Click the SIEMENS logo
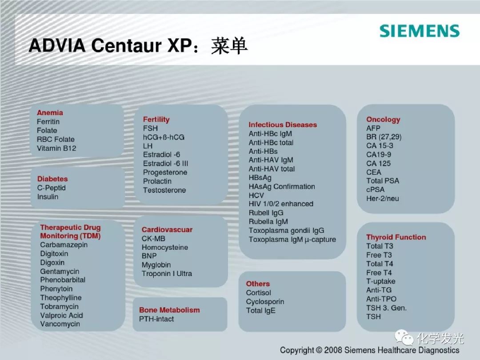pyautogui.click(x=420, y=31)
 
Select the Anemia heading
pyautogui.click(x=50, y=112)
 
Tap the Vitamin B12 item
pyautogui.click(x=56, y=148)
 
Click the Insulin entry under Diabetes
pyautogui.click(x=48, y=197)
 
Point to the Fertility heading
pyautogui.click(x=156, y=120)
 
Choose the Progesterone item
pyautogui.click(x=165, y=172)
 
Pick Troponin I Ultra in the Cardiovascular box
pyautogui.click(x=167, y=274)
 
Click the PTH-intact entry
pyautogui.click(x=156, y=319)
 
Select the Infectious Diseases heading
pyautogui.click(x=283, y=125)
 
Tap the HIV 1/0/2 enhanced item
pyautogui.click(x=281, y=204)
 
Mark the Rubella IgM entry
pyautogui.click(x=268, y=222)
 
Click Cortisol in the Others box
pyautogui.click(x=258, y=293)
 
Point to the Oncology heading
pyautogui.click(x=383, y=120)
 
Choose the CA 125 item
pyautogui.click(x=378, y=164)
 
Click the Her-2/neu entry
pyautogui.click(x=383, y=198)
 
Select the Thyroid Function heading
pyautogui.click(x=396, y=237)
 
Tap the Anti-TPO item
pyautogui.click(x=381, y=299)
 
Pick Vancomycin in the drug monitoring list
pyautogui.click(x=60, y=324)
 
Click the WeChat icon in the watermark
pyautogui.click(x=404, y=337)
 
